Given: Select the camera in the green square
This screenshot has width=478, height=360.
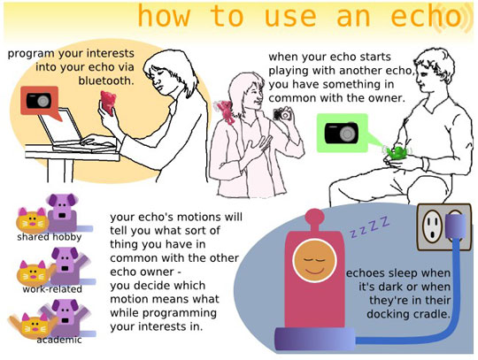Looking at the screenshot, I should pyautogui.click(x=341, y=132).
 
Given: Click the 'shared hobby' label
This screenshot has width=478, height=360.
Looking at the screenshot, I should pyautogui.click(x=48, y=237).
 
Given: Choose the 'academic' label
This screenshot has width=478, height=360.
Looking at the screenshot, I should pyautogui.click(x=59, y=340).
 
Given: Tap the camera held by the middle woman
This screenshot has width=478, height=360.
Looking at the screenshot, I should pyautogui.click(x=282, y=114).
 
